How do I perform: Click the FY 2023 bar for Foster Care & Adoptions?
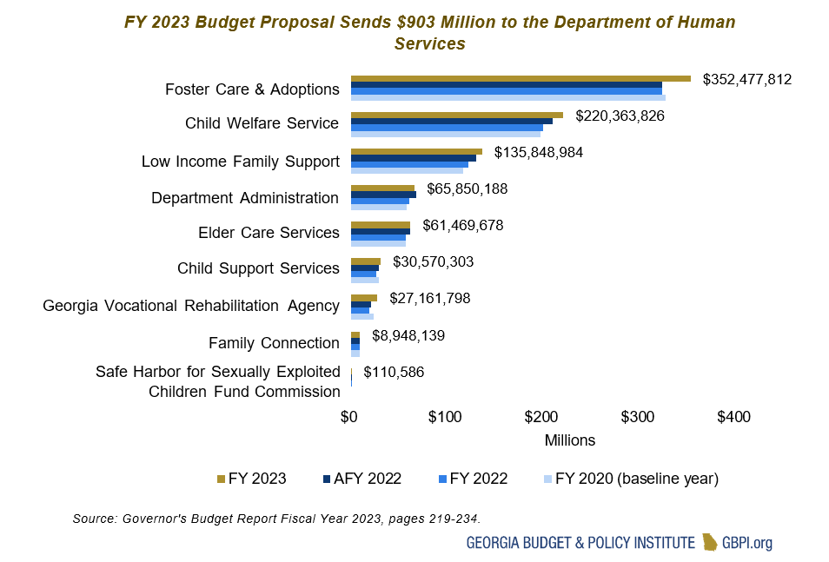click(x=520, y=78)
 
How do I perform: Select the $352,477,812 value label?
click(x=746, y=79)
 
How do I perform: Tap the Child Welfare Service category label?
click(x=262, y=123)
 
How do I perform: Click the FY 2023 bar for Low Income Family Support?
click(x=415, y=151)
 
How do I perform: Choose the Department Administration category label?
click(x=245, y=198)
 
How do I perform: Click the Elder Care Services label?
click(x=269, y=233)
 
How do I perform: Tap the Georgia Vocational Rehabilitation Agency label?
click(x=191, y=306)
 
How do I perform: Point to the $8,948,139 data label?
click(x=408, y=334)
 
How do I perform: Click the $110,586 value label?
click(x=394, y=373)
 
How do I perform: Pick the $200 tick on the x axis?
click(x=541, y=418)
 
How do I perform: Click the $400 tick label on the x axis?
click(x=733, y=418)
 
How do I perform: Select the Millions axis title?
click(x=570, y=440)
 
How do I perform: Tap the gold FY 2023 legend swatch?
click(x=221, y=479)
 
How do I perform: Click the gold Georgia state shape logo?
click(x=710, y=543)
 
